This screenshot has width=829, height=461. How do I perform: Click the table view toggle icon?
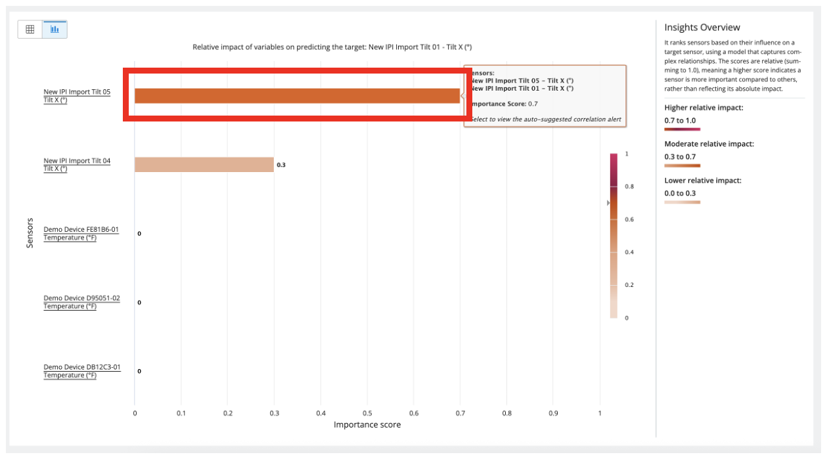30,30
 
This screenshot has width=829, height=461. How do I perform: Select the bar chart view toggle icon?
55,30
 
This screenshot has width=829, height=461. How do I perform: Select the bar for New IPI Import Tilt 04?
204,165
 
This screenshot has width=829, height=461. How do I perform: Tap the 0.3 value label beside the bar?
281,165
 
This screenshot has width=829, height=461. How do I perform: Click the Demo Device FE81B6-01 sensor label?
81,233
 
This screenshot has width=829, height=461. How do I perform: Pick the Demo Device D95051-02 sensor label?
81,302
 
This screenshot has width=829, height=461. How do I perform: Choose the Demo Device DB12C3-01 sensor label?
81,371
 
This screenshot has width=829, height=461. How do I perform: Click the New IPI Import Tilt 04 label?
77,164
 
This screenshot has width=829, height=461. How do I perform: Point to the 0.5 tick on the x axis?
367,413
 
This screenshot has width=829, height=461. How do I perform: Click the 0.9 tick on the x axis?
553,413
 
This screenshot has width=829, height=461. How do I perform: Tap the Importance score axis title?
367,425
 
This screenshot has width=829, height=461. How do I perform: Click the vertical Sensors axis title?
30,233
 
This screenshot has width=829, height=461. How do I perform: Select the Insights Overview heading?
702,28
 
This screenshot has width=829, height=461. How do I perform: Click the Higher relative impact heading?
704,107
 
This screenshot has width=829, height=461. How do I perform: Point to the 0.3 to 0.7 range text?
680,157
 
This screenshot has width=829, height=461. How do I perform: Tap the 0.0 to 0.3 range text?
680,193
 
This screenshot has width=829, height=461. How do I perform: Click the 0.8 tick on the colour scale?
629,187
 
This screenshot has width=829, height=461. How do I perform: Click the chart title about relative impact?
332,47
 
